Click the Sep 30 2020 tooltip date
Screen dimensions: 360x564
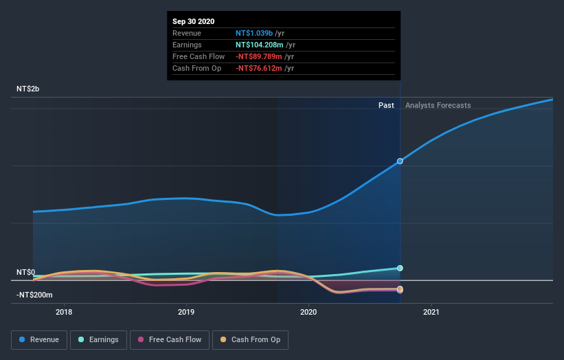(193, 21)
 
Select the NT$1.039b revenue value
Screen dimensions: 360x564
(255, 33)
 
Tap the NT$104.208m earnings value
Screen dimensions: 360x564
(260, 45)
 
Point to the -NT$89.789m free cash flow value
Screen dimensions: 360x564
(260, 56)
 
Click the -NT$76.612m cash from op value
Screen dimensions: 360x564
(260, 68)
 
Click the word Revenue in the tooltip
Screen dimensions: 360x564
(186, 33)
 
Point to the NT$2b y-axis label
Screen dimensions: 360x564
(28, 89)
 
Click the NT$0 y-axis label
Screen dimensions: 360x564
(26, 273)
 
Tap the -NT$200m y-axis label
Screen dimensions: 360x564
(35, 295)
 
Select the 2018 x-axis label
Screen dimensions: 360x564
(64, 313)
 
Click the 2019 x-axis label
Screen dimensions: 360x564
(186, 313)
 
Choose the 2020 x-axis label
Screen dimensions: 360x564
(308, 313)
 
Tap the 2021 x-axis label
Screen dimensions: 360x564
(431, 313)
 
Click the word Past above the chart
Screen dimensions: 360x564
(386, 105)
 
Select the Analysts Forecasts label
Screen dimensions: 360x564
(438, 105)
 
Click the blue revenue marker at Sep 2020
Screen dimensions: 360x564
(400, 161)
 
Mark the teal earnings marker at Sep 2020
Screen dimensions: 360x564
(400, 268)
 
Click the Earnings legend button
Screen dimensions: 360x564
(99, 339)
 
